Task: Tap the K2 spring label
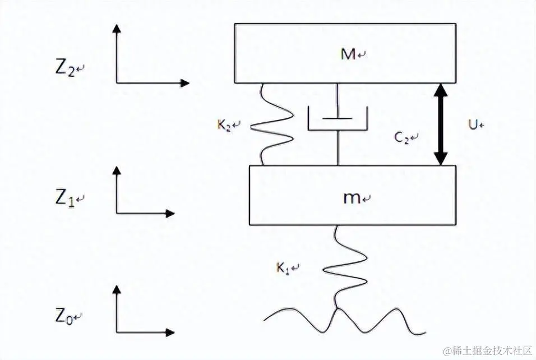coord(225,124)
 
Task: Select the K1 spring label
coord(285,267)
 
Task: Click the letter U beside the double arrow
coord(473,124)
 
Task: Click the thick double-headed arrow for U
coord(441,124)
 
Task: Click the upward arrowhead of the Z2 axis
coord(117,28)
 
